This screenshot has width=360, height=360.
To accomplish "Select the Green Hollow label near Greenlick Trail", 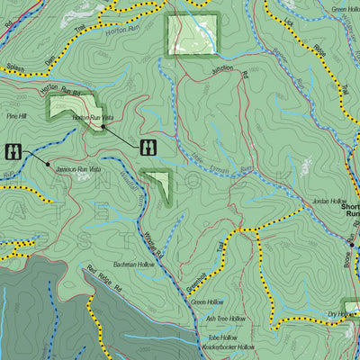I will (209, 302).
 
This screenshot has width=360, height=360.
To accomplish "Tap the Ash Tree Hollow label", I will (225, 319).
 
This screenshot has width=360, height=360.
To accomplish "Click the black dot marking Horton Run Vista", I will (103, 127).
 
